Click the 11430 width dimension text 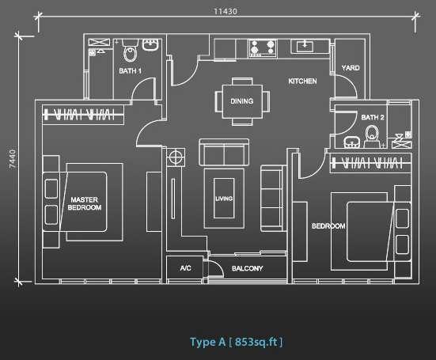pyautogui.click(x=226, y=11)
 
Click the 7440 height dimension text pyautogui.click(x=13, y=159)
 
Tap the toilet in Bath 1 pyautogui.click(x=130, y=51)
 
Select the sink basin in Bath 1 pyautogui.click(x=150, y=44)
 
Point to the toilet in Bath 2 pyautogui.click(x=372, y=136)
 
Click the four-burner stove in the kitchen pyautogui.click(x=263, y=48)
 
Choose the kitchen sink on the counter pyautogui.click(x=305, y=46)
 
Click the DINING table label pyautogui.click(x=241, y=101)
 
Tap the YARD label pyautogui.click(x=351, y=68)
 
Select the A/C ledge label pyautogui.click(x=185, y=268)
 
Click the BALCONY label pyautogui.click(x=247, y=268)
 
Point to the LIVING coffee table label pyautogui.click(x=224, y=199)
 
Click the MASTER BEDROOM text pyautogui.click(x=84, y=203)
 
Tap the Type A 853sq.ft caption pyautogui.click(x=236, y=342)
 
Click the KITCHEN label pyautogui.click(x=302, y=81)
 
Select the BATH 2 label pyautogui.click(x=373, y=118)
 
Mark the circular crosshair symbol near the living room pyautogui.click(x=176, y=157)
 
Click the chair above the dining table pyautogui.click(x=242, y=81)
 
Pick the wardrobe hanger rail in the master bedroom pyautogui.click(x=83, y=115)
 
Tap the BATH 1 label pyautogui.click(x=130, y=71)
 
